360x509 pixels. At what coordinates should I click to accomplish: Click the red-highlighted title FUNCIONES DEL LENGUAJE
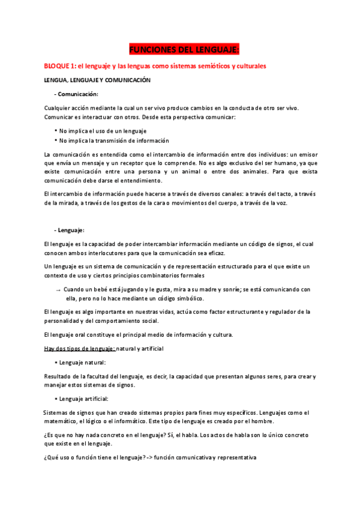tap(184, 49)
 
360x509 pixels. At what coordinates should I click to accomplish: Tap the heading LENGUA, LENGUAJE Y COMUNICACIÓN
tap(97, 80)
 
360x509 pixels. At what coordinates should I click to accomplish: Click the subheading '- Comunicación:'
tap(76, 94)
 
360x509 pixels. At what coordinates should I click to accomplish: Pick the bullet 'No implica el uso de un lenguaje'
tap(103, 130)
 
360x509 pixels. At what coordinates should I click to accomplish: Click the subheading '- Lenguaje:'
tap(70, 230)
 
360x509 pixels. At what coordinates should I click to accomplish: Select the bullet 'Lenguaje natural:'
tap(82, 363)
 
